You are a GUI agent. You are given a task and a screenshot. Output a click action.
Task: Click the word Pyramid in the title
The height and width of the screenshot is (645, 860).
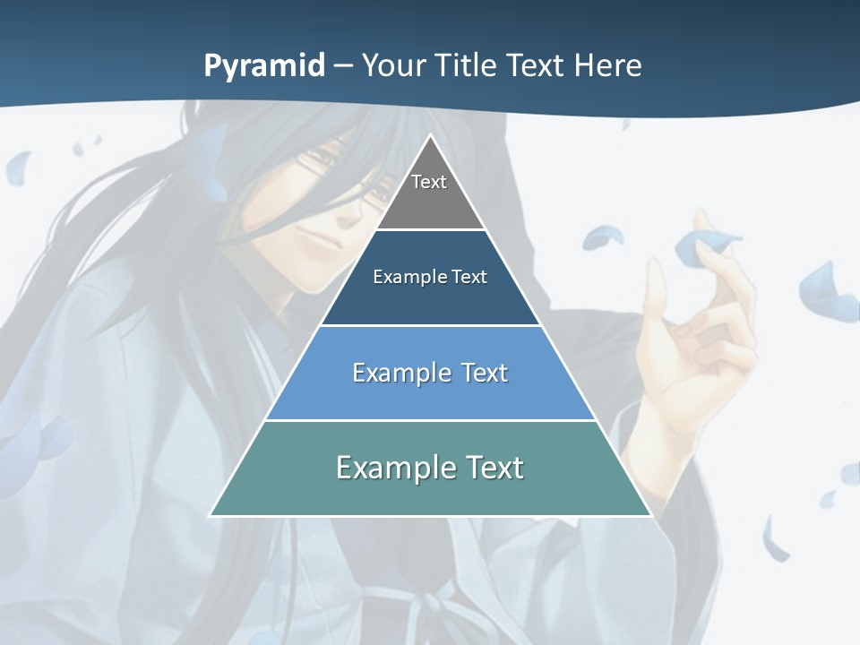[263, 66]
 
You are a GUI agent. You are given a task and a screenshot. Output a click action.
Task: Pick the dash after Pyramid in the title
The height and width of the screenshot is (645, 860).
[342, 67]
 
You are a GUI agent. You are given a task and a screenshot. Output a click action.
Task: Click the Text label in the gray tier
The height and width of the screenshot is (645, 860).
[429, 182]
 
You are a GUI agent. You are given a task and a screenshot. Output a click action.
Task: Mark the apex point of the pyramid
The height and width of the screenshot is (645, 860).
[430, 135]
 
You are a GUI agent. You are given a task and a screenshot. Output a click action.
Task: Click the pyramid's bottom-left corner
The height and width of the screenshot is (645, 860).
[211, 515]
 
